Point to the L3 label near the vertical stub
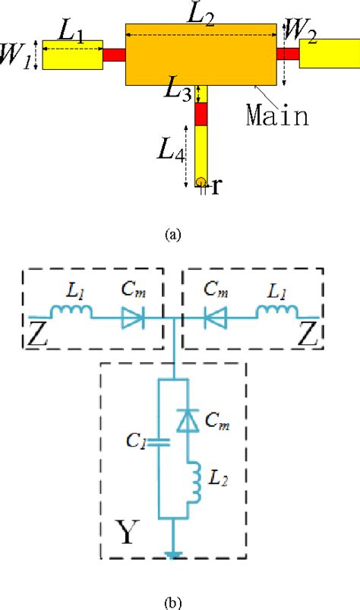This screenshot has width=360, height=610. (x=179, y=93)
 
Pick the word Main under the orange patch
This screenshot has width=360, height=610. (x=277, y=115)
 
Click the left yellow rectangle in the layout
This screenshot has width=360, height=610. (x=72, y=58)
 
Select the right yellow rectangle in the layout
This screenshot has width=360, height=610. (x=328, y=53)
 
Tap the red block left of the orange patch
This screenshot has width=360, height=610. (x=113, y=55)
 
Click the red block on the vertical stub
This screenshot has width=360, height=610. (x=201, y=113)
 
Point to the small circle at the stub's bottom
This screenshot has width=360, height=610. (x=201, y=182)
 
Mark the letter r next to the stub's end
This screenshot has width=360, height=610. (x=216, y=186)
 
